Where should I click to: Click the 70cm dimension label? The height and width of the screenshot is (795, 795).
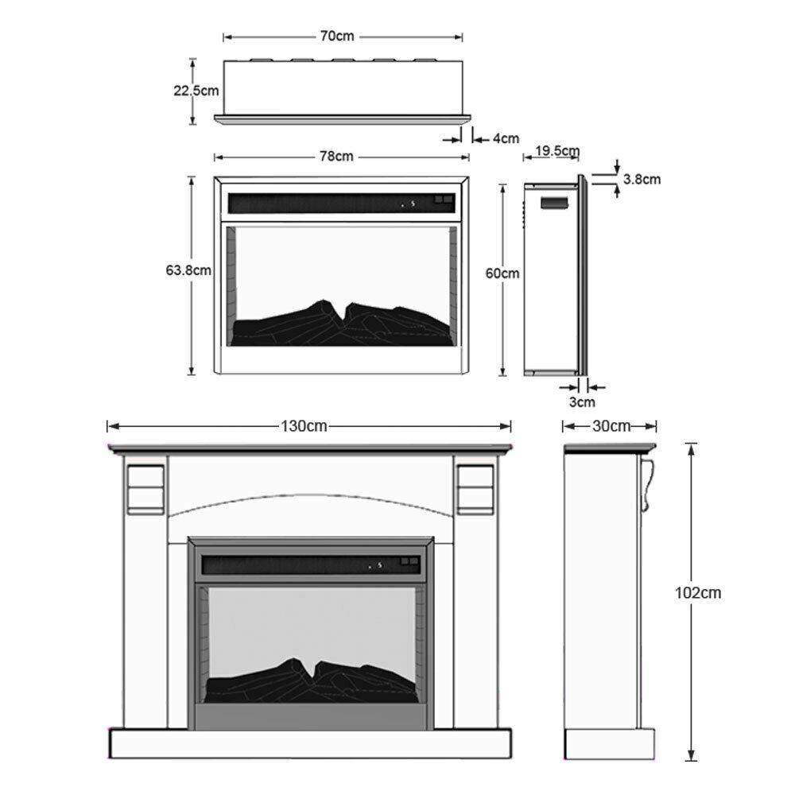click(x=339, y=37)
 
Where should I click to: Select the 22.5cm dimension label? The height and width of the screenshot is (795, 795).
click(x=196, y=90)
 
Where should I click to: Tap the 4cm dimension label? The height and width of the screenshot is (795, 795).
click(x=506, y=138)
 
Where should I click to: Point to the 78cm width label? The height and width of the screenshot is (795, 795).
click(x=336, y=156)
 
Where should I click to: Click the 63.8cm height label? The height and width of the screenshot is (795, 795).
click(x=188, y=270)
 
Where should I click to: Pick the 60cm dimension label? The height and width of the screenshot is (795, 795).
click(x=502, y=273)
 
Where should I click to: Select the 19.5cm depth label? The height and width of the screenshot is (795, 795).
click(x=557, y=151)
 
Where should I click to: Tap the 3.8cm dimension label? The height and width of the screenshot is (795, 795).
click(x=642, y=179)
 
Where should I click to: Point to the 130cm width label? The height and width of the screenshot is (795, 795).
click(x=304, y=426)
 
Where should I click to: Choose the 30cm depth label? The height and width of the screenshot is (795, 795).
click(x=611, y=426)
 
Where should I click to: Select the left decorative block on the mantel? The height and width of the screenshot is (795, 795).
click(x=145, y=487)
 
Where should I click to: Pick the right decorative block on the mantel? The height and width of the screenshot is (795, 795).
click(x=475, y=487)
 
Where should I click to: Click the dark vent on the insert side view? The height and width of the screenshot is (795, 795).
click(x=555, y=202)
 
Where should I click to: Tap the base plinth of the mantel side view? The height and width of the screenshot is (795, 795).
click(x=609, y=743)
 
